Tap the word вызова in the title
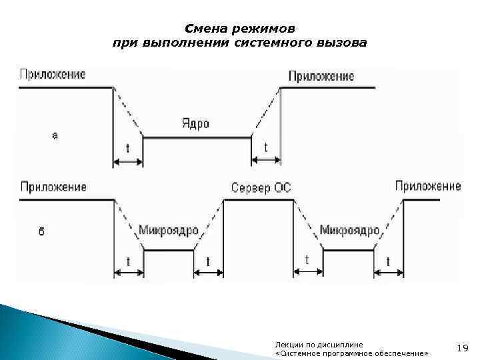[341, 43]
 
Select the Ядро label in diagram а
[195, 124]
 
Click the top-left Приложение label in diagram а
[53, 74]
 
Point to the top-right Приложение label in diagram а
[321, 76]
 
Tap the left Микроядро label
[169, 231]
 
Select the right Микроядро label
[349, 231]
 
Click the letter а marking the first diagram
[55, 135]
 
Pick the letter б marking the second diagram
[42, 233]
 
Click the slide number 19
[463, 348]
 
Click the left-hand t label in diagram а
[127, 148]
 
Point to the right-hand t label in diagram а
[266, 147]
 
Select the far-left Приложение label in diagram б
[53, 187]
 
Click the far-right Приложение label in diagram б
[428, 186]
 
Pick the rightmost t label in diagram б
[387, 262]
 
